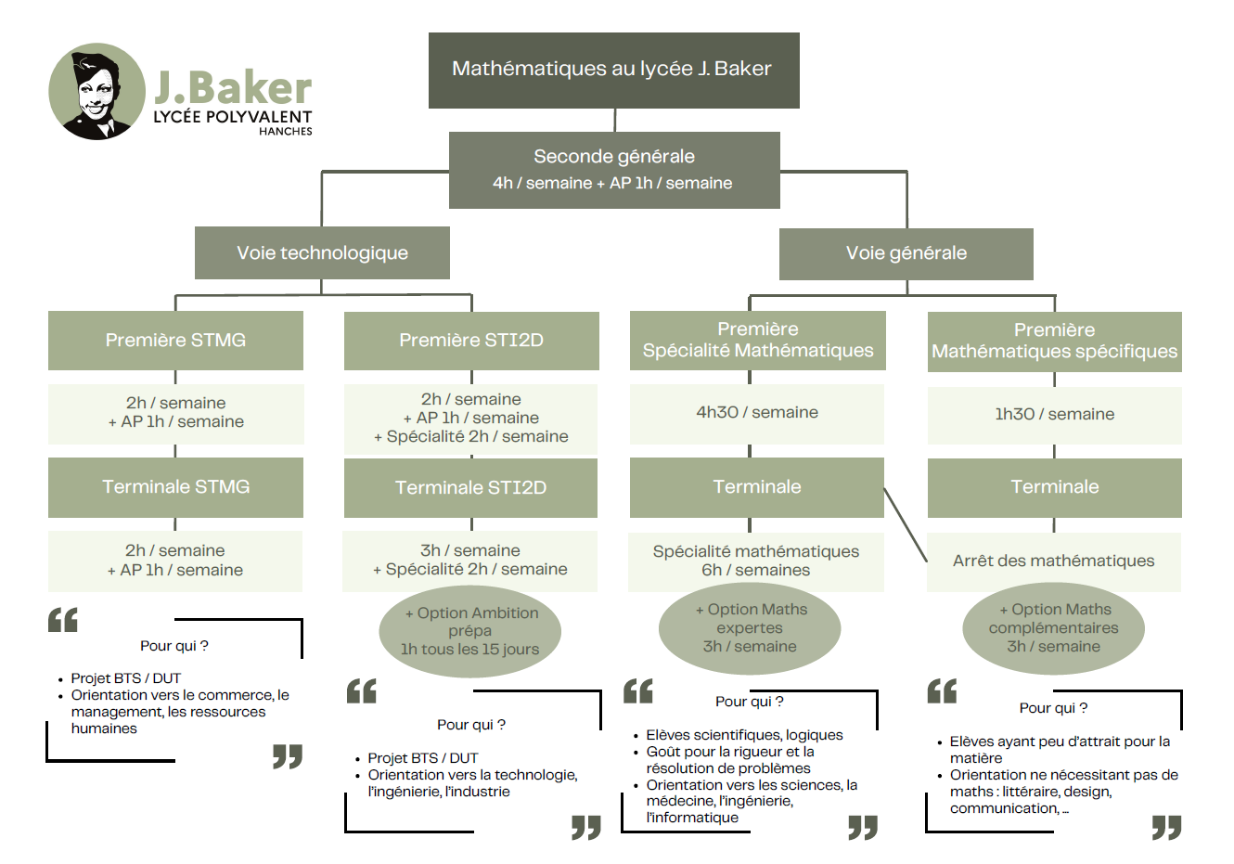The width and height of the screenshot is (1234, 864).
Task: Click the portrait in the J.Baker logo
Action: [x=96, y=92]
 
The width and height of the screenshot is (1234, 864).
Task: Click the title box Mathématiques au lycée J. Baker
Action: [x=613, y=70]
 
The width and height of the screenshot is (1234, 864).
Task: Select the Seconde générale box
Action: [x=613, y=169]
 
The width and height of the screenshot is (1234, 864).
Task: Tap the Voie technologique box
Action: [x=322, y=252]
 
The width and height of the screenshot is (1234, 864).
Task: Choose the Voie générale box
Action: [x=906, y=253]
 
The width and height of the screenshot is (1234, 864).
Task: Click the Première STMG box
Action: [x=175, y=340]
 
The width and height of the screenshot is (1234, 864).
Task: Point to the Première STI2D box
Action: [x=471, y=340]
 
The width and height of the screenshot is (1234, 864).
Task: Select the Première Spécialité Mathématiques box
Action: [x=757, y=340]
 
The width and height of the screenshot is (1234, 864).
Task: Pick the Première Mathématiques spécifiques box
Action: [x=1054, y=341]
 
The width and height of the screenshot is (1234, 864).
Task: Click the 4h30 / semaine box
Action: [x=757, y=412]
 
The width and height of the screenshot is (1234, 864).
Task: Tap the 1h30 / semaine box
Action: [x=1054, y=414]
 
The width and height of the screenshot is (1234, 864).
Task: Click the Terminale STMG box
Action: [x=175, y=486]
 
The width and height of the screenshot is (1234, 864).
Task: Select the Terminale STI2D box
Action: [x=470, y=487]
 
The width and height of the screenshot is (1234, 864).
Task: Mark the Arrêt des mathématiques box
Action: [x=1053, y=561]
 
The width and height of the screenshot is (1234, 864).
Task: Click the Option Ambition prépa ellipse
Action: [x=470, y=631]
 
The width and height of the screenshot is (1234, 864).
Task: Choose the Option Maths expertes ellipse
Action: [x=750, y=628]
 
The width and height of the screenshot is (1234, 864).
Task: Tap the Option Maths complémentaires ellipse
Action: [x=1053, y=628]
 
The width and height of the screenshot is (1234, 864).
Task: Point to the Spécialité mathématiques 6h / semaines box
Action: [x=755, y=561]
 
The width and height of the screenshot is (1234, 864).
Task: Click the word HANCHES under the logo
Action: [x=285, y=132]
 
